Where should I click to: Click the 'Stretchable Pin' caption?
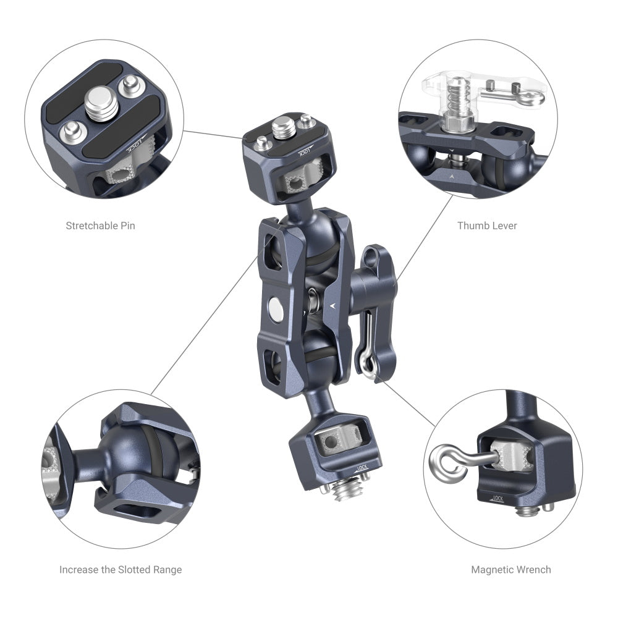100,226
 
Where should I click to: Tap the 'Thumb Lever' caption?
487,226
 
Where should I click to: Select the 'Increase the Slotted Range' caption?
121,569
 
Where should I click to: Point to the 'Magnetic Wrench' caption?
511,569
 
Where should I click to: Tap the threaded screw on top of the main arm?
285,129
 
